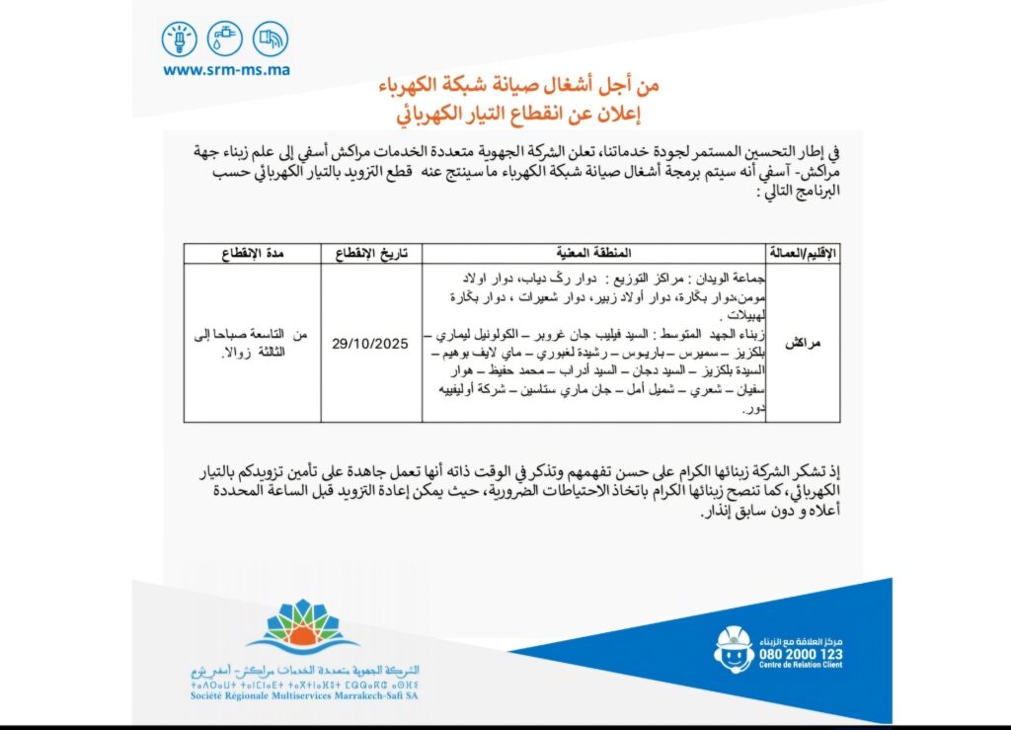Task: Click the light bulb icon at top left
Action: pyautogui.click(x=180, y=40)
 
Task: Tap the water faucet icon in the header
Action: pyautogui.click(x=224, y=40)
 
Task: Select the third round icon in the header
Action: pyautogui.click(x=270, y=40)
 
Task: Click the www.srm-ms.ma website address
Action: pyautogui.click(x=226, y=70)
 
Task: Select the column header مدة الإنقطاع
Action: pyautogui.click(x=259, y=252)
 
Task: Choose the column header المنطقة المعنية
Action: pyautogui.click(x=594, y=252)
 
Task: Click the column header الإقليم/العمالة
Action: pyautogui.click(x=803, y=252)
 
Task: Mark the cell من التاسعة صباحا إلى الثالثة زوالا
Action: pyautogui.click(x=259, y=343)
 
